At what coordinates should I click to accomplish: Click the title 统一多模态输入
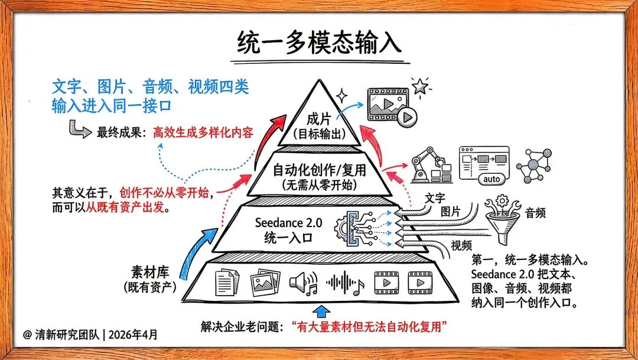(x=319, y=43)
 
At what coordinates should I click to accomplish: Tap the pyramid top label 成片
(x=318, y=118)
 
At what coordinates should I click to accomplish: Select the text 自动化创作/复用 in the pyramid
(x=319, y=171)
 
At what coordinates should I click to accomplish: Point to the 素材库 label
(x=150, y=273)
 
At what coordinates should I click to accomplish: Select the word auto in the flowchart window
(x=492, y=179)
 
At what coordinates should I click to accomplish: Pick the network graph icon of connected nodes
(x=536, y=163)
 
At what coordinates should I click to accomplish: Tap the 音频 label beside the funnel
(x=535, y=212)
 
